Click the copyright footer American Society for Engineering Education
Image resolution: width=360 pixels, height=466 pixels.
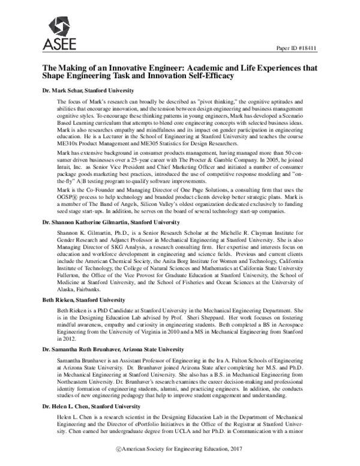pyautogui.click(x=182, y=450)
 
